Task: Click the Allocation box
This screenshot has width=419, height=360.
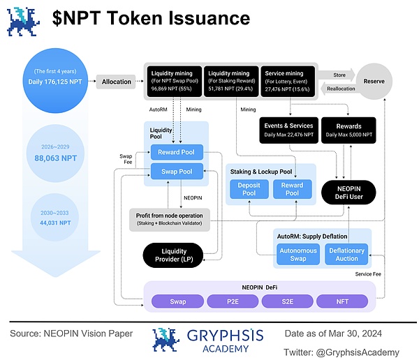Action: tap(116, 82)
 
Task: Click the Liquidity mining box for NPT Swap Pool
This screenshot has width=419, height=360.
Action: tap(173, 82)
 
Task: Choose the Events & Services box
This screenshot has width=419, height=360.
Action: tap(288, 130)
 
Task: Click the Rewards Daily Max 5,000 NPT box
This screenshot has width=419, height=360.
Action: tap(348, 130)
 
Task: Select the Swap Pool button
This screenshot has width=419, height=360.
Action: tap(177, 171)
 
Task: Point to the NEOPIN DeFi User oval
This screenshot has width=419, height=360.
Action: tap(348, 190)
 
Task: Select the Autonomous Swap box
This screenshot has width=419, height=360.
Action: tap(298, 255)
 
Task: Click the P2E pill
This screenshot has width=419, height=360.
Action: tap(233, 301)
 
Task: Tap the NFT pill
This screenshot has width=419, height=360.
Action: tap(341, 301)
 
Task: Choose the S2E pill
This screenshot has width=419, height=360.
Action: tap(287, 301)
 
